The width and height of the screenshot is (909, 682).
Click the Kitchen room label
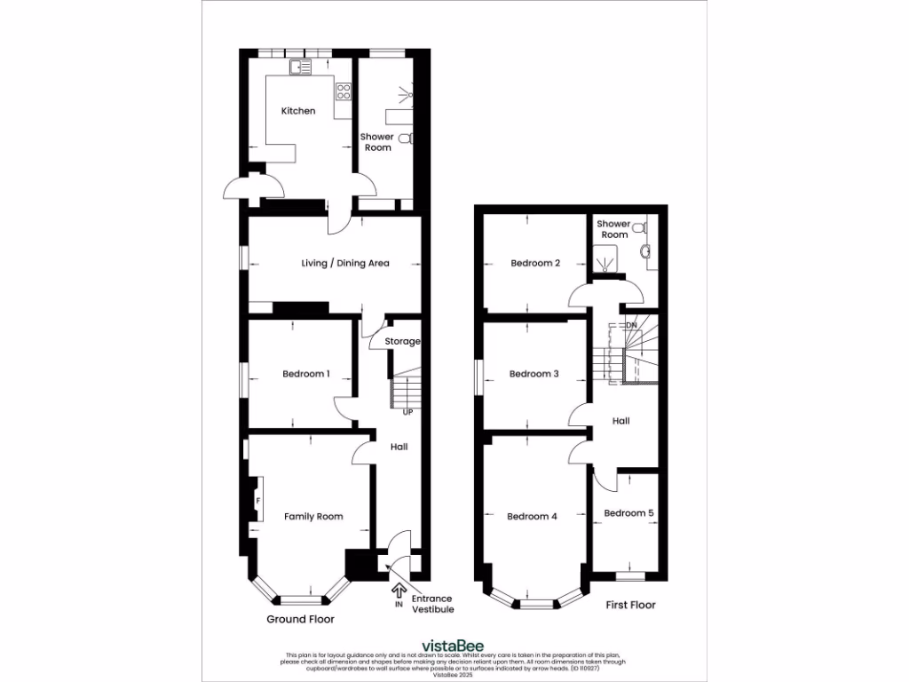tap(298, 111)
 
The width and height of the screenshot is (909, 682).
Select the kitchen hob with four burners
tap(344, 91)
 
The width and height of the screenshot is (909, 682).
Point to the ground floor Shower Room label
tap(376, 142)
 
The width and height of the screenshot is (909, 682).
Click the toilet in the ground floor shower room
tap(406, 139)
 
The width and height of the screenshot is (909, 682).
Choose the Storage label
tap(402, 341)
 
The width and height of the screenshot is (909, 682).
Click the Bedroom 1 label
tap(306, 374)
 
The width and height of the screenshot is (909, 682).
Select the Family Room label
tap(313, 516)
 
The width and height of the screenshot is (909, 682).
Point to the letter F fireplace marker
tap(258, 501)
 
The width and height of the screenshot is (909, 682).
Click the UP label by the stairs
tap(407, 413)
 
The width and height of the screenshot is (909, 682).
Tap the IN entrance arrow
tap(398, 589)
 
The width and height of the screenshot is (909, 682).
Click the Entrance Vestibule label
tap(432, 604)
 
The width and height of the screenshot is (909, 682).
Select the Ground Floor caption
tap(301, 619)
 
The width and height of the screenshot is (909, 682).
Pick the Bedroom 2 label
tap(534, 263)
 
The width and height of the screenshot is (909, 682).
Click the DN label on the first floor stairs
tap(632, 326)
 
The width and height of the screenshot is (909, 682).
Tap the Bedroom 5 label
tap(628, 512)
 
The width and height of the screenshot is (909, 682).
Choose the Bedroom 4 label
tap(532, 516)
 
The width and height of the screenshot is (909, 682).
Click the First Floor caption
tap(630, 605)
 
